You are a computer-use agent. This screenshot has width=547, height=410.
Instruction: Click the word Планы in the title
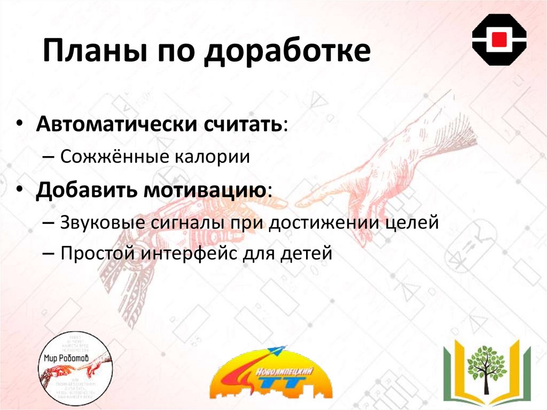(93, 54)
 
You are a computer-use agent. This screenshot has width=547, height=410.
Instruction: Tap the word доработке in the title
(288, 54)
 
